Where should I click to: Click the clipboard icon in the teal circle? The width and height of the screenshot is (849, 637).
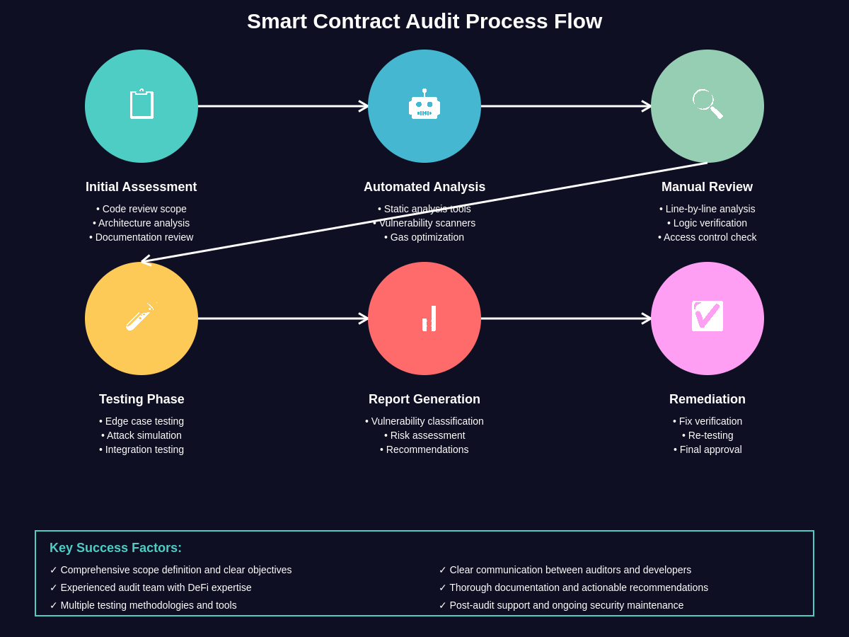coord(141,104)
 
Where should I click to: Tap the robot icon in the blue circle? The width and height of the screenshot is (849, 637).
coord(424,105)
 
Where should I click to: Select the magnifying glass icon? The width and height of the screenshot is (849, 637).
coord(707,104)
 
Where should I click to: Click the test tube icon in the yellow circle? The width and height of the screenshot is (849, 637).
coord(140,317)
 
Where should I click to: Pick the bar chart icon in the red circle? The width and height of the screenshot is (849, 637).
coord(428,318)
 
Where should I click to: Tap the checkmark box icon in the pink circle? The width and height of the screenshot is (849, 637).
coord(707,316)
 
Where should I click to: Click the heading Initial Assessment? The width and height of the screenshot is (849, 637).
coord(141,187)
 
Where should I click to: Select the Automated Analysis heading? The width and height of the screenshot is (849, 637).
coord(424,187)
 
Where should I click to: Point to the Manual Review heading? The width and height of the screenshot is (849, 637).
coord(707,187)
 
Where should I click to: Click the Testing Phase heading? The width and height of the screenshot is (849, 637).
coord(141,399)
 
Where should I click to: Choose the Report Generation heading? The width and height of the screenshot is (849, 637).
coord(424,399)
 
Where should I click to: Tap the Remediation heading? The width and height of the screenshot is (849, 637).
coord(707,399)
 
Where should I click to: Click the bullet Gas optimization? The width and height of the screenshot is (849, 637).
coord(424,237)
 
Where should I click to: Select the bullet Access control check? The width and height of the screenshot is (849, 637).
coord(707,237)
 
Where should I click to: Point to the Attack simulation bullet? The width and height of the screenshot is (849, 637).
coord(141,435)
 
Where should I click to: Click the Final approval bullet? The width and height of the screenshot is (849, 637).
coord(707,449)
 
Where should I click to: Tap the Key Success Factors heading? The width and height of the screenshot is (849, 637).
coord(115,548)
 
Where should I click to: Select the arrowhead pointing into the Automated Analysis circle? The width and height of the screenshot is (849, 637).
coord(364,106)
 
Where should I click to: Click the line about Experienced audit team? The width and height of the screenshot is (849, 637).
coord(151,587)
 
